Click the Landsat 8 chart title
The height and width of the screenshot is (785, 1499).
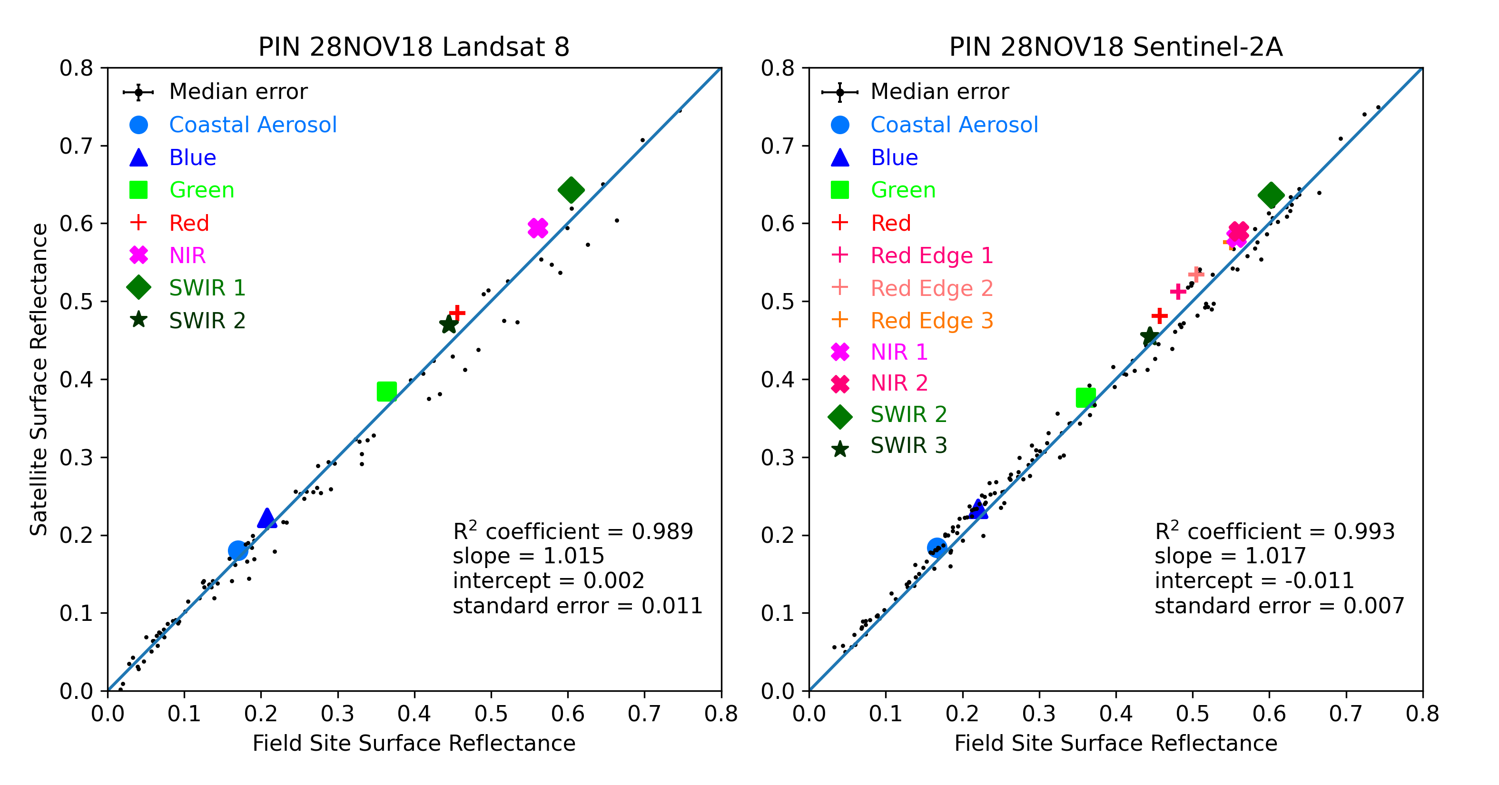(414, 47)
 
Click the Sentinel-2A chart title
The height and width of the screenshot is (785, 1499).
(1115, 47)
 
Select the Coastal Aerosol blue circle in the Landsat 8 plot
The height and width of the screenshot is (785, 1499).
(237, 550)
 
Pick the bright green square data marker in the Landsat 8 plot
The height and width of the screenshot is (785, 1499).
(386, 392)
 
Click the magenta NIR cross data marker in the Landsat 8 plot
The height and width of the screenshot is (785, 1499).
(538, 228)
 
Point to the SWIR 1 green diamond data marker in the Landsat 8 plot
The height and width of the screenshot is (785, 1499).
(571, 190)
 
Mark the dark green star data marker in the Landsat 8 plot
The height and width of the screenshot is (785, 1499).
(449, 324)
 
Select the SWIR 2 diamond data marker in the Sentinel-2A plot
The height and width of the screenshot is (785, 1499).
(1271, 195)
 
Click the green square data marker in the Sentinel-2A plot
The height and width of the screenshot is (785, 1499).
(1086, 398)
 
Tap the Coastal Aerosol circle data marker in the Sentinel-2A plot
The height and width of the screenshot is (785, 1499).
(937, 548)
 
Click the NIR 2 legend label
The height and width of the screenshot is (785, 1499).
(898, 383)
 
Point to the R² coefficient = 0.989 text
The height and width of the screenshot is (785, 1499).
(572, 530)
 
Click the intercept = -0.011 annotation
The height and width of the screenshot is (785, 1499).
(1254, 581)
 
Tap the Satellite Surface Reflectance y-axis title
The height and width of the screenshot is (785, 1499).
(39, 379)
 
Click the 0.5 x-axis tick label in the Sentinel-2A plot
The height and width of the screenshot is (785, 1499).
(1193, 714)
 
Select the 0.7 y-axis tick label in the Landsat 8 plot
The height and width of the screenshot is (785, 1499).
(76, 146)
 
